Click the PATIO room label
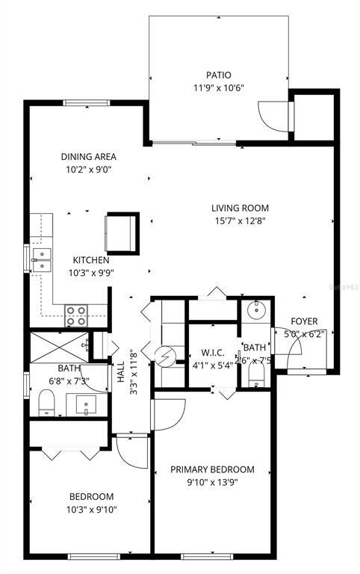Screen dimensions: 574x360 pyautogui.click(x=218, y=75)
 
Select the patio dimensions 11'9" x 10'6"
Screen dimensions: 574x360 pyautogui.click(x=218, y=87)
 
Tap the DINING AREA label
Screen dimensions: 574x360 pyautogui.click(x=89, y=157)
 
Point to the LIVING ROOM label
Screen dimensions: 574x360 pyautogui.click(x=239, y=208)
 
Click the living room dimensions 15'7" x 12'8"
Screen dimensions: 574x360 pyautogui.click(x=239, y=220)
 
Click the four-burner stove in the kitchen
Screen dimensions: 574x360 pyautogui.click(x=75, y=315)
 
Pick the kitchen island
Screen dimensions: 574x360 pyautogui.click(x=122, y=232)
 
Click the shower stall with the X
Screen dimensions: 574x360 pyautogui.click(x=58, y=346)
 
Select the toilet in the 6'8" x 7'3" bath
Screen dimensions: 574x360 pyautogui.click(x=46, y=404)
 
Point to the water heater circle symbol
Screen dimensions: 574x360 pyautogui.click(x=163, y=357)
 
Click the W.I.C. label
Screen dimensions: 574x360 pyautogui.click(x=214, y=353)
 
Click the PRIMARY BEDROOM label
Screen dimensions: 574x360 pyautogui.click(x=212, y=469)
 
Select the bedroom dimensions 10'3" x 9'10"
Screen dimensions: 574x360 pyautogui.click(x=91, y=510)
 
